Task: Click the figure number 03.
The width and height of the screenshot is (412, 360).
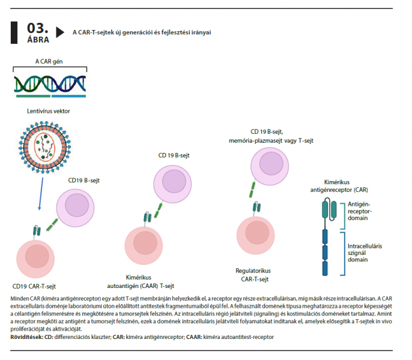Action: (38, 28)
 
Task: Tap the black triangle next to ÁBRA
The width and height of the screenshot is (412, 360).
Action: (60, 32)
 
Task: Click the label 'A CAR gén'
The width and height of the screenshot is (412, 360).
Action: (49, 61)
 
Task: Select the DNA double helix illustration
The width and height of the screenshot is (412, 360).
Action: (50, 84)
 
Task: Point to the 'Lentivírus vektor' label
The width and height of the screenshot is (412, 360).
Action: (48, 111)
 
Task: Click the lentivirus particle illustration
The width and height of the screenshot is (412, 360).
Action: (44, 147)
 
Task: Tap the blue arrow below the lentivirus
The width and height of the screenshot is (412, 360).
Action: (41, 194)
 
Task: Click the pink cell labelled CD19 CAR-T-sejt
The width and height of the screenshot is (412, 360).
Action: (35, 259)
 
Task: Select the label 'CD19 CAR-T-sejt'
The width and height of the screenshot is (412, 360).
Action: (34, 286)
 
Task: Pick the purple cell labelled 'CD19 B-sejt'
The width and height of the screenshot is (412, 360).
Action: (75, 208)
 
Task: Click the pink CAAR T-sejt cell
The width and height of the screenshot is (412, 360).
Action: (144, 245)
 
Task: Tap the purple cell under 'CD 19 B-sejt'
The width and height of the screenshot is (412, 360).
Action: (172, 184)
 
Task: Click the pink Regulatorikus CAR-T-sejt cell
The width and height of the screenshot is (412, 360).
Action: (256, 236)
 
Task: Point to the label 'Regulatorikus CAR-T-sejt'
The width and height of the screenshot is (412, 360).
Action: (253, 275)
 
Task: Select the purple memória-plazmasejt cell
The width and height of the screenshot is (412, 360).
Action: (270, 166)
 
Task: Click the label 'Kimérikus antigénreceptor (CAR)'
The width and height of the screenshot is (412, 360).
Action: (339, 186)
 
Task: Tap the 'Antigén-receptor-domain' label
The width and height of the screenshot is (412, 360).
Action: (360, 211)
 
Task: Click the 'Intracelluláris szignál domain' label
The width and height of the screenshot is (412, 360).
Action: (365, 253)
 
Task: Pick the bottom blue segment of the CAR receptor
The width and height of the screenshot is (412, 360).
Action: (325, 268)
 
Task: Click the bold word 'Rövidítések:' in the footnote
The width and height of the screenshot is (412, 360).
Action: (27, 337)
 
